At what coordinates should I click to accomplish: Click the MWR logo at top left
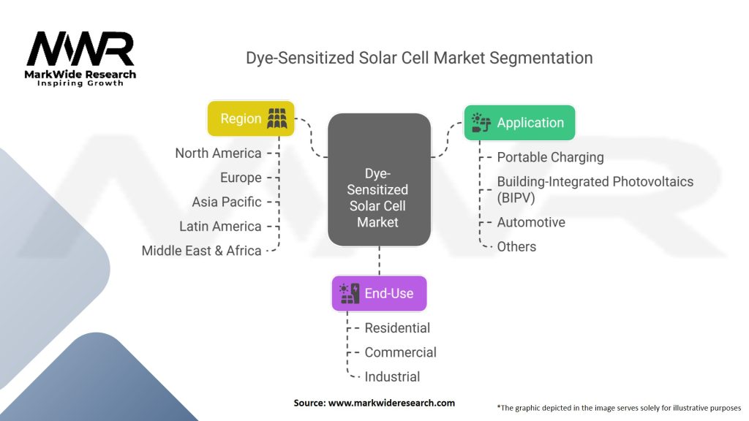pos(80,58)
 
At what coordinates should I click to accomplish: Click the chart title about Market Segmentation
pos(419,58)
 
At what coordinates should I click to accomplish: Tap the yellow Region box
pos(251,118)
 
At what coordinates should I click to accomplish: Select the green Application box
pos(520,123)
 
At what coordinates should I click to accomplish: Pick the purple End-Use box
pos(380,293)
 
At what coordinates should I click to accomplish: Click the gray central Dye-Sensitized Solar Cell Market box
pos(380,180)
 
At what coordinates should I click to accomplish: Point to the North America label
pos(218,153)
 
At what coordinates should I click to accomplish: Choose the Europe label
pos(241,178)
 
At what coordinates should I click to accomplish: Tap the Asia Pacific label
pos(227,202)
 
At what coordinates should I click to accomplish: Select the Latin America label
pos(220,227)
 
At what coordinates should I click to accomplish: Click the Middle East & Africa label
pos(202,251)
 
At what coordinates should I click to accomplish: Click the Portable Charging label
pos(550,157)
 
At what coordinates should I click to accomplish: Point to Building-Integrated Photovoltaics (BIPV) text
pos(595,189)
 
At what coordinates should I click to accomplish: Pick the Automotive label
pos(531,222)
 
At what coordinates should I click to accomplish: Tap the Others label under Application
pos(516,247)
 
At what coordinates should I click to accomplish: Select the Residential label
pos(397,328)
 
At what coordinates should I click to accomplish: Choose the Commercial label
pos(400,352)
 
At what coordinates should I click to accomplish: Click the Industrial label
pos(392,376)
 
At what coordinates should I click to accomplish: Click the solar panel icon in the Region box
pos(277,118)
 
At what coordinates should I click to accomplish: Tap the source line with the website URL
pos(374,403)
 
